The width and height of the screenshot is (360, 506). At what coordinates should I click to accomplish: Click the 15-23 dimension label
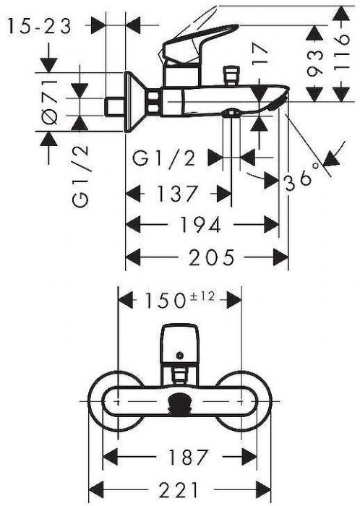(39, 26)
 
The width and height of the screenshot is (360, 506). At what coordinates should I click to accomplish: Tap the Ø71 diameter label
(51, 101)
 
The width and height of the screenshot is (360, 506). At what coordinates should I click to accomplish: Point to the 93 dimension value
(314, 62)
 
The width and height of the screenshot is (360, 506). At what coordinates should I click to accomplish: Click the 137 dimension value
(176, 194)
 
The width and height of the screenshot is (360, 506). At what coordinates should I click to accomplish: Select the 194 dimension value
(200, 225)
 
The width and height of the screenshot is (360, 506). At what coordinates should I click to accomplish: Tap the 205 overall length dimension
(212, 257)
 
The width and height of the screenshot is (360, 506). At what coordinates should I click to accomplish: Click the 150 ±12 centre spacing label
(180, 299)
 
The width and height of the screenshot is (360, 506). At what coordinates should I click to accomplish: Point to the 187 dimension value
(187, 457)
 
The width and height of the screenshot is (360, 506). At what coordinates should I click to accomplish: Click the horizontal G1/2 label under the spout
(164, 158)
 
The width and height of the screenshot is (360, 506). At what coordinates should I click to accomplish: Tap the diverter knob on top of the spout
(231, 75)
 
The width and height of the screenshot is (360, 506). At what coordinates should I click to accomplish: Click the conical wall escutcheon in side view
(135, 102)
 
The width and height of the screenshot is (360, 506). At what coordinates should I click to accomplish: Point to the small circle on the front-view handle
(179, 356)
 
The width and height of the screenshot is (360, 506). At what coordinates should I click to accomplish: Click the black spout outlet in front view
(180, 403)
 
